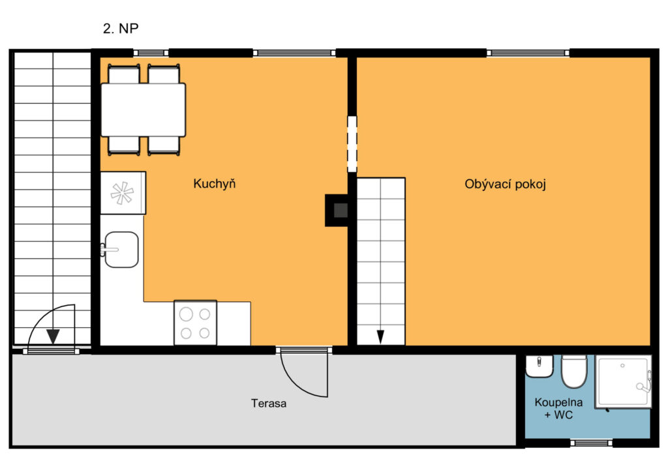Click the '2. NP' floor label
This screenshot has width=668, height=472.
tap(121, 29)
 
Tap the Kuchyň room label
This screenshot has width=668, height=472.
tap(214, 183)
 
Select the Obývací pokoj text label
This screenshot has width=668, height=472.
tap(506, 184)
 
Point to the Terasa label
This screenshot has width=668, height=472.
tap(268, 403)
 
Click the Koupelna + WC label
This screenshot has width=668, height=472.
tap(558, 409)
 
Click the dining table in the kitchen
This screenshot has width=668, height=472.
tap(143, 110)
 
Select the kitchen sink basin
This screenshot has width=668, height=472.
tap(121, 250)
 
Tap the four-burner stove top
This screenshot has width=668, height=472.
tap(195, 323)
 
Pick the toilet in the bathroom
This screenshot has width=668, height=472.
tap(574, 371)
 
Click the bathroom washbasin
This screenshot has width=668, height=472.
tap(539, 366)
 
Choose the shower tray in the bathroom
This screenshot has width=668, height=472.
tap(623, 382)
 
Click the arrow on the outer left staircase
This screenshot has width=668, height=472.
tap(53, 337)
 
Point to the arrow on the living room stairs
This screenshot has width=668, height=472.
tap(380, 337)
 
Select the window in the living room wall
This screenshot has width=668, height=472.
tap(528, 53)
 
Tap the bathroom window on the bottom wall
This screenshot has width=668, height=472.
tap(591, 443)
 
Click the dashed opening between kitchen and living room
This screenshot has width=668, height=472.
tap(352, 144)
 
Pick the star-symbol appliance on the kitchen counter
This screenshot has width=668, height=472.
tap(123, 193)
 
